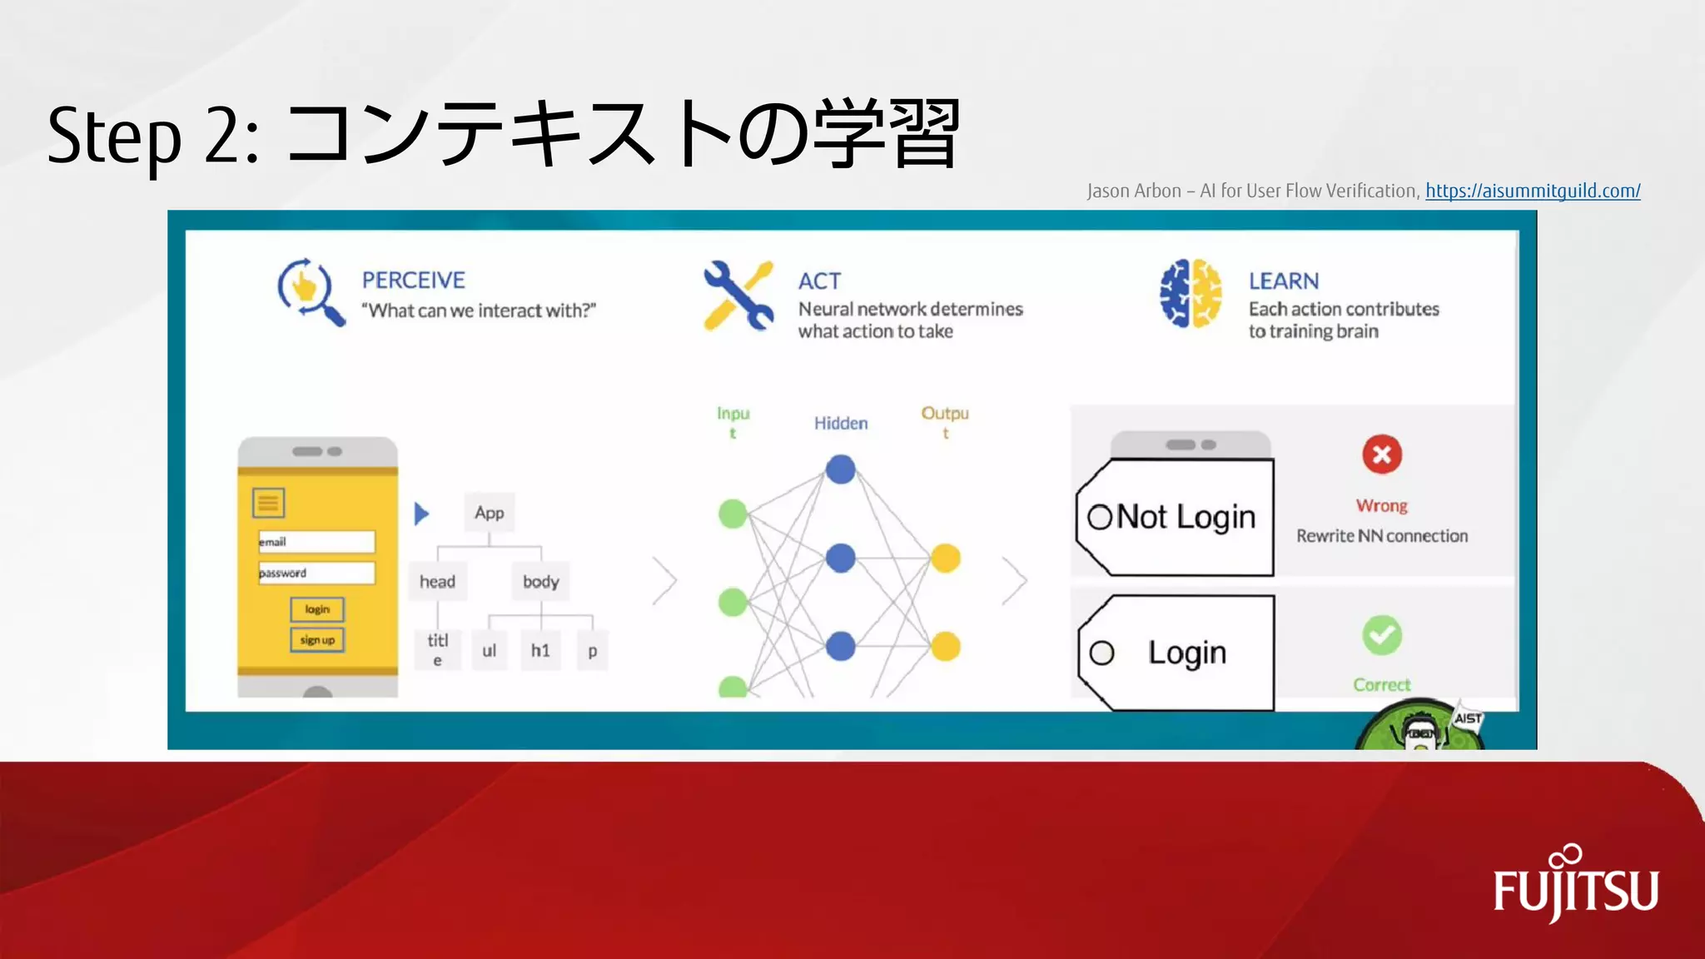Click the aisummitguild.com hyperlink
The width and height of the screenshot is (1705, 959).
(1533, 191)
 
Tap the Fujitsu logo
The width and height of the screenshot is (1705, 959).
(1575, 886)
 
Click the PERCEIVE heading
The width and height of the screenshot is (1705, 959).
(413, 281)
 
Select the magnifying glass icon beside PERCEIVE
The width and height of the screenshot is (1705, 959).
(310, 291)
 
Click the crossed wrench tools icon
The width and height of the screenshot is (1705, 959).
(738, 296)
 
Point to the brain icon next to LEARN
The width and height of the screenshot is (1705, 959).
(1191, 294)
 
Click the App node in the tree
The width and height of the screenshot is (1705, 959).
(490, 513)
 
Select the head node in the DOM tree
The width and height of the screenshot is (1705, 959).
(437, 581)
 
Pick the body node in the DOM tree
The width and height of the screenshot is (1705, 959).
(540, 581)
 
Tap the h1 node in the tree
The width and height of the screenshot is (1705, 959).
(540, 650)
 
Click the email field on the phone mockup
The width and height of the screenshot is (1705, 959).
(316, 542)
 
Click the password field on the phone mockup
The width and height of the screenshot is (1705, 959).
(316, 573)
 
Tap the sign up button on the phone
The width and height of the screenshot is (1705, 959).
(317, 640)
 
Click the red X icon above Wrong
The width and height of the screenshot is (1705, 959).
(1382, 455)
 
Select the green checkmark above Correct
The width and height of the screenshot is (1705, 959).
(1382, 636)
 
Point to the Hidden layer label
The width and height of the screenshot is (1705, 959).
(841, 423)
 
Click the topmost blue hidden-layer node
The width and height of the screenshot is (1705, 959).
(841, 470)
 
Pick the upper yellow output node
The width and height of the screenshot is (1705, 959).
(945, 558)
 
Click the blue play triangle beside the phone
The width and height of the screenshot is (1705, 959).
(421, 514)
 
